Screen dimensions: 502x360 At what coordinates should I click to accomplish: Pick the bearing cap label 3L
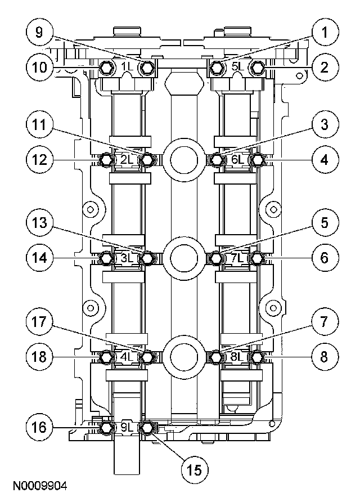[127, 258]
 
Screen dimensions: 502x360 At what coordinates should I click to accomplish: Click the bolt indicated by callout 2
[258, 68]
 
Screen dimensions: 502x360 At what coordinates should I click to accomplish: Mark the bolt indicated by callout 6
[258, 258]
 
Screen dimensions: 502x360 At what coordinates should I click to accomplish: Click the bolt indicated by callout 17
[147, 356]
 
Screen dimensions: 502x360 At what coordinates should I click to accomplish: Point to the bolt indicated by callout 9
[147, 68]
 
